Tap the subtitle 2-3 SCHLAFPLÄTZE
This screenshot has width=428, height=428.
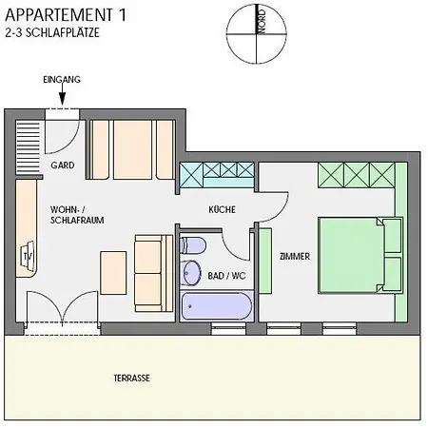coord(52,32)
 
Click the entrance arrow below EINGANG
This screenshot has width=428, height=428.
coord(62,96)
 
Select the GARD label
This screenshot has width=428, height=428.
coord(62,165)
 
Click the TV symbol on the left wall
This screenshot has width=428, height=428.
coord(26,256)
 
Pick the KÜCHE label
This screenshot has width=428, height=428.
coord(222,210)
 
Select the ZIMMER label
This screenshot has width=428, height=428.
coord(295,256)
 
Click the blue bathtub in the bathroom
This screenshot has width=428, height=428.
coord(217,305)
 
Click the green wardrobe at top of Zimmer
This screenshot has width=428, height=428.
coord(356,174)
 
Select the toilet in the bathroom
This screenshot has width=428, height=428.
coord(193,243)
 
